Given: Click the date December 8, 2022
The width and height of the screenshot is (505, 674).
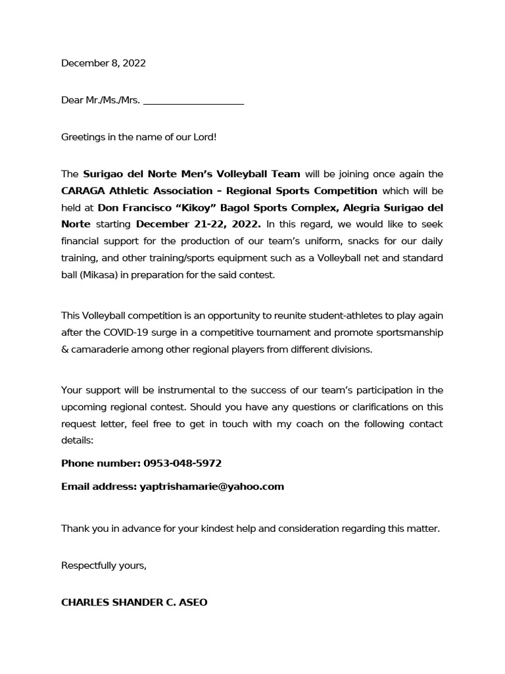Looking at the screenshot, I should (x=103, y=64).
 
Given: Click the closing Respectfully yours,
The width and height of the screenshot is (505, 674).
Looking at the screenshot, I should (x=103, y=565).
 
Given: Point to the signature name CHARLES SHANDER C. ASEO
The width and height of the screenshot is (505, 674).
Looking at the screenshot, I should (x=134, y=602).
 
